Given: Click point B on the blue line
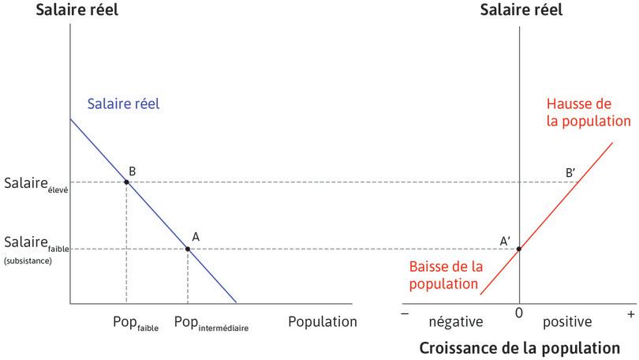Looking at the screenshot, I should click(x=126, y=182).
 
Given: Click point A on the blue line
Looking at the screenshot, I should click(x=187, y=249).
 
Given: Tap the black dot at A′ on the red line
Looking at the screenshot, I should click(x=518, y=249).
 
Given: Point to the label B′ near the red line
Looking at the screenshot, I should click(x=572, y=171).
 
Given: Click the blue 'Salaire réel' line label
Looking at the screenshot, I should click(x=123, y=103).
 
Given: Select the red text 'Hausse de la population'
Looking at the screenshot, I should click(x=589, y=113).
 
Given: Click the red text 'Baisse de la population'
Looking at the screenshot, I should click(x=444, y=273).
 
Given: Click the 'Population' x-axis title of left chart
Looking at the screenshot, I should click(x=322, y=321).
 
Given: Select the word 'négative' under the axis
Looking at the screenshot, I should click(x=455, y=322).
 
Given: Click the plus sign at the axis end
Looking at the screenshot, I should click(x=630, y=314).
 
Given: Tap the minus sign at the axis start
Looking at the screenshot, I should click(x=405, y=314).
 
